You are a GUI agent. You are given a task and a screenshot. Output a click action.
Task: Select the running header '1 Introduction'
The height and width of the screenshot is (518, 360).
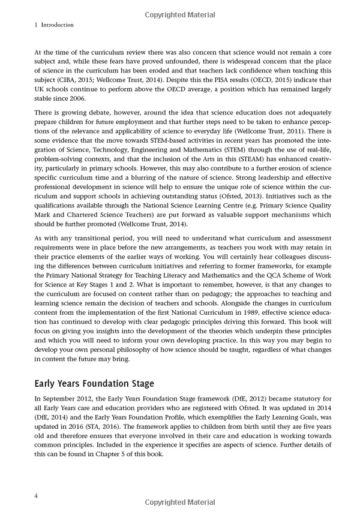coord(47,25)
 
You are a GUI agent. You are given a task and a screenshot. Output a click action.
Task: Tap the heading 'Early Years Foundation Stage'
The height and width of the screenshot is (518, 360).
coord(95,384)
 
